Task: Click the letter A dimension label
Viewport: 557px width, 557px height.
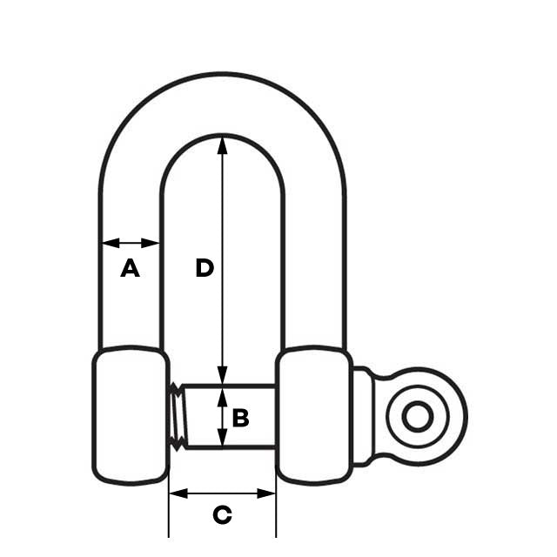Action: coord(130,269)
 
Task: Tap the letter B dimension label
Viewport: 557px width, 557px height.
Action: coord(241,418)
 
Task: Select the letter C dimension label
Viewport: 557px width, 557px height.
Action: coord(223,515)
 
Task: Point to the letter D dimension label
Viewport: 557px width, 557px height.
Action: coord(205,268)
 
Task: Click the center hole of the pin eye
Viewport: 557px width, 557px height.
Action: coord(418,417)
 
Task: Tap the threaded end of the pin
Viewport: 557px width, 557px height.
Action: coord(176,417)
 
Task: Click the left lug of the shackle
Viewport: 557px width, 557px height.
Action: coord(130,414)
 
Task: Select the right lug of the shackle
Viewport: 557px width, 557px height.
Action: coord(313,414)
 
